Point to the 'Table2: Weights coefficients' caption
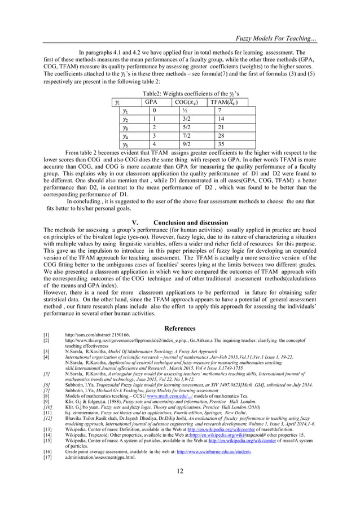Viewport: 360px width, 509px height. (x=180, y=93)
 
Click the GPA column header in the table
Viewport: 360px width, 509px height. (x=151, y=102)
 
